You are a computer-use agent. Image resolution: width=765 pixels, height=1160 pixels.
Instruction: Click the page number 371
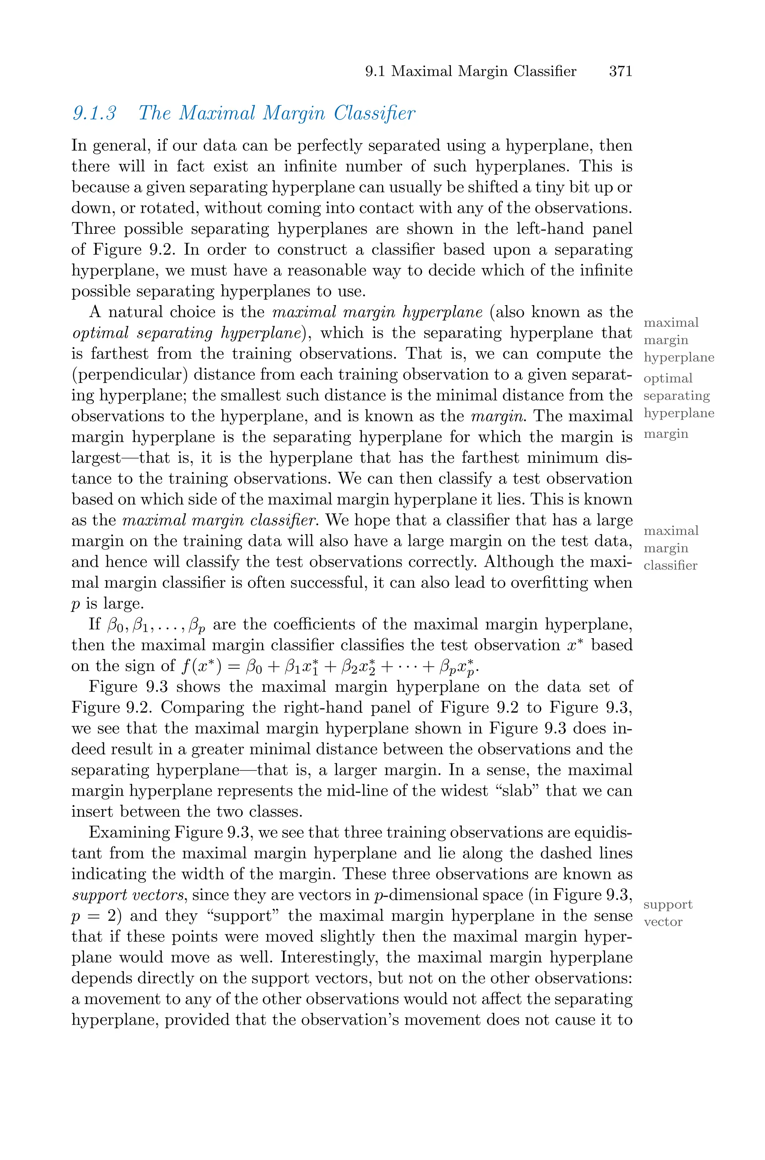click(x=620, y=72)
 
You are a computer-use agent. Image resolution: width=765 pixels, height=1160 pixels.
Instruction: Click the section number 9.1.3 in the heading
click(x=95, y=113)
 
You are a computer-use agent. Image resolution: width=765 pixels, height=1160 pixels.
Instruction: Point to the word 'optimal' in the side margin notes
click(x=668, y=378)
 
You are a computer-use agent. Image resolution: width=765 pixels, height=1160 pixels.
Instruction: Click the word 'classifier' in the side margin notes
click(x=670, y=565)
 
